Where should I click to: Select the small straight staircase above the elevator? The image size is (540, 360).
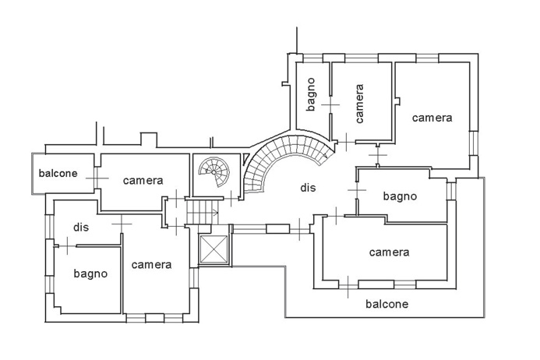click(x=204, y=210)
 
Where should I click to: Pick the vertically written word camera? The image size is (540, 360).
click(x=359, y=104)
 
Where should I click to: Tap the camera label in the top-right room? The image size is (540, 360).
click(x=432, y=118)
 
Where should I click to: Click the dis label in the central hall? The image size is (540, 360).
click(x=308, y=187)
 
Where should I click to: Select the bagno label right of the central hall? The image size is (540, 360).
click(x=400, y=196)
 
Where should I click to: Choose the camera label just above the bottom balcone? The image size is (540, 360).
click(x=389, y=252)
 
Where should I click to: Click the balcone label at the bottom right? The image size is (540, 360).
click(x=386, y=304)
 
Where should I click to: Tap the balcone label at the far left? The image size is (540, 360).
click(x=58, y=173)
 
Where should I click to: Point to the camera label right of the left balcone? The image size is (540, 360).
click(x=143, y=181)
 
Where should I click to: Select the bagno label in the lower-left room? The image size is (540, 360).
click(x=90, y=274)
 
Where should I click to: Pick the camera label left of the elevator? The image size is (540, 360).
click(x=151, y=265)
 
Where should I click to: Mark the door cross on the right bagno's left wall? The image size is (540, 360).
click(x=357, y=190)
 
